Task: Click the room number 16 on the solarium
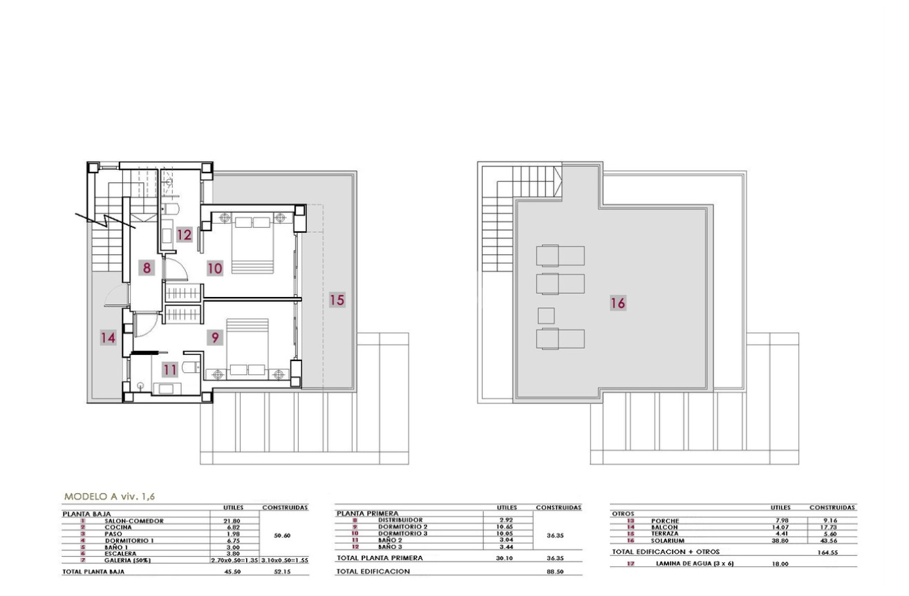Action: [x=618, y=302]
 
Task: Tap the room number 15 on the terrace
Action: [x=337, y=300]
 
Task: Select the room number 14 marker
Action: [x=107, y=338]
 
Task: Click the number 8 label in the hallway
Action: [x=147, y=267]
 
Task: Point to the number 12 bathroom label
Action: [x=183, y=235]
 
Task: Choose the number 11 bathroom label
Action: [x=170, y=369]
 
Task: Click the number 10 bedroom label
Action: [x=215, y=267]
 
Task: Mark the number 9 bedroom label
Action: [x=215, y=337]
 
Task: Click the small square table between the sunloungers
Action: [x=545, y=316]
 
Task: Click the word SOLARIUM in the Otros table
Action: [x=667, y=541]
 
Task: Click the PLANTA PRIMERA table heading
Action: [x=368, y=514]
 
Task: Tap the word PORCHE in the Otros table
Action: [x=665, y=521]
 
